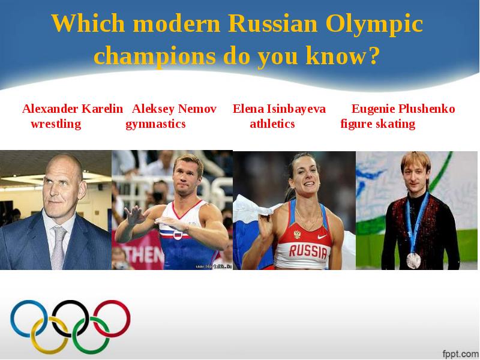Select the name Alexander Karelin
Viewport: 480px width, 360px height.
[x=73, y=109]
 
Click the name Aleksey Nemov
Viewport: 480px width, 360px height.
[x=174, y=109]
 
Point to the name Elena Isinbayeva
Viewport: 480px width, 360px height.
[x=279, y=109]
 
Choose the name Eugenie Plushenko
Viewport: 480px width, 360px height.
[x=403, y=109]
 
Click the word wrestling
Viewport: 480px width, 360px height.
[x=56, y=124]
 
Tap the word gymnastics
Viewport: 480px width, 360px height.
[x=155, y=124]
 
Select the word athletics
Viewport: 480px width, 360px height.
[x=272, y=124]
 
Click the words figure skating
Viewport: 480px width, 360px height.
[x=377, y=124]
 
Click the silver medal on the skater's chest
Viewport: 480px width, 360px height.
[x=413, y=260]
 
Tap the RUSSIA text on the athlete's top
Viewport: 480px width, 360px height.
[x=308, y=250]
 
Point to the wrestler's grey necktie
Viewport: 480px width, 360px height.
[x=58, y=246]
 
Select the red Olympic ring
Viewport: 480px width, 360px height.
[x=112, y=319]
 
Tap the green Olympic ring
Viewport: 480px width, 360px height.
[x=91, y=335]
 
